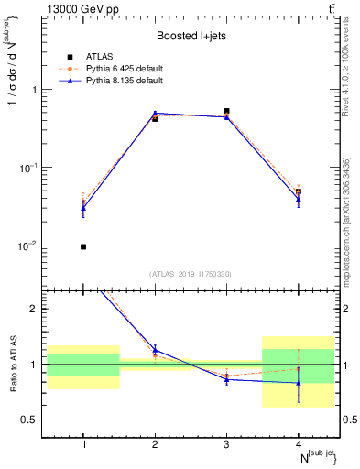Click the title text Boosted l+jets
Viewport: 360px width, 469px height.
pos(191,37)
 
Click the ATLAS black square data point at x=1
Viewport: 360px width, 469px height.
pos(83,246)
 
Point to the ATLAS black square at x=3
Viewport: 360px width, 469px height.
pos(226,111)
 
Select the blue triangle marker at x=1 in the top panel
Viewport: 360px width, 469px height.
pos(83,208)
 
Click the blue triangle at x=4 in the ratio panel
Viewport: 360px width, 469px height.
pos(299,384)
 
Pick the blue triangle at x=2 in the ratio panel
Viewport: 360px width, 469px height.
pos(155,351)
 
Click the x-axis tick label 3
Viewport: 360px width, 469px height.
pos(226,445)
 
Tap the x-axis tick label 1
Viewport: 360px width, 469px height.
pos(83,445)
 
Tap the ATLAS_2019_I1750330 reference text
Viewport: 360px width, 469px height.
pos(191,274)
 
